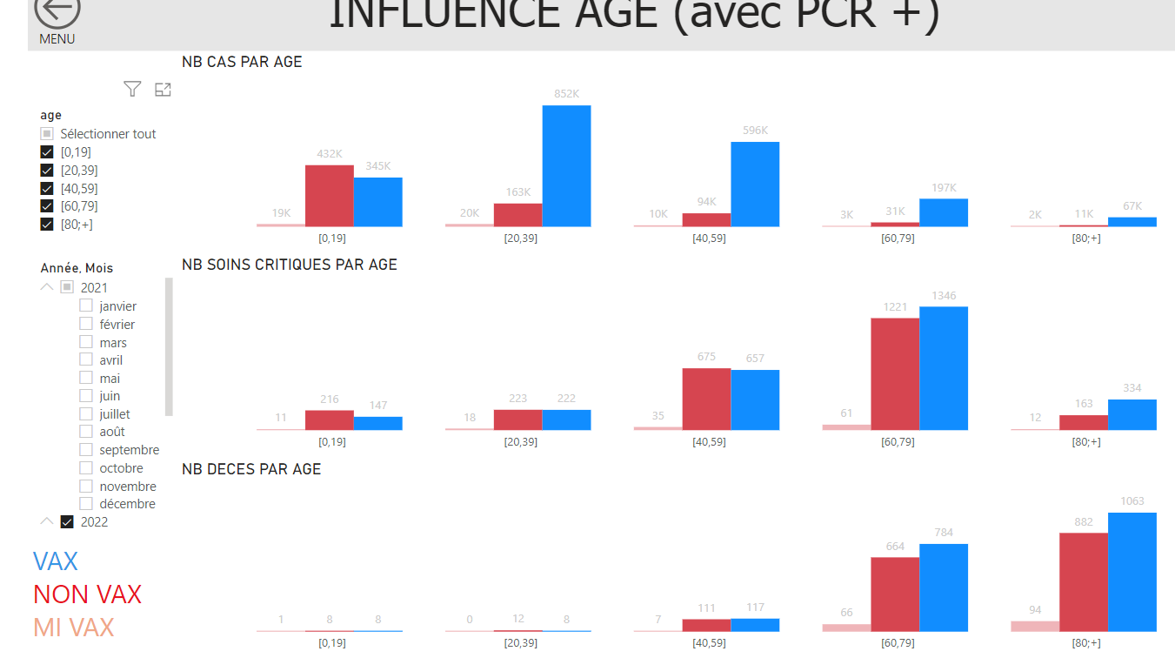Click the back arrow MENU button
click(x=57, y=12)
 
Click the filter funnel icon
click(x=132, y=89)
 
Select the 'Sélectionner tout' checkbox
click(x=48, y=134)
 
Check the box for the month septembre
click(x=86, y=450)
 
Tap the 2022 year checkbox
click(x=67, y=522)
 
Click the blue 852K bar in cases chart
click(x=566, y=165)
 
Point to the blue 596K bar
click(x=755, y=184)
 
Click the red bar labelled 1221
click(x=895, y=373)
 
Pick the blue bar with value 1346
click(x=944, y=368)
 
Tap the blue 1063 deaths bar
click(x=1132, y=572)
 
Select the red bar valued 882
click(x=1084, y=581)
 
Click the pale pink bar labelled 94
click(x=1035, y=626)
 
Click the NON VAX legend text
click(x=87, y=594)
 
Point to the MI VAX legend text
click(x=74, y=628)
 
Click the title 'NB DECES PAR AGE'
click(x=251, y=469)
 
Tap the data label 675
click(x=706, y=356)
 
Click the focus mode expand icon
click(x=163, y=89)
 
